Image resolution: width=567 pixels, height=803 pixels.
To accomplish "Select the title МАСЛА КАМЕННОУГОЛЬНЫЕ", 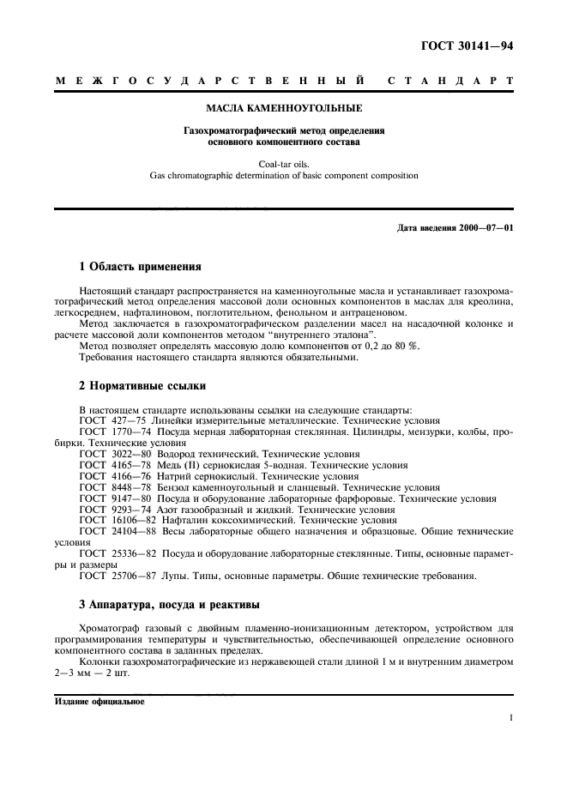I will (x=284, y=109).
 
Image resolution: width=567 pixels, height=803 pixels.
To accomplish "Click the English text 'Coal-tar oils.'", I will (x=284, y=162).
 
